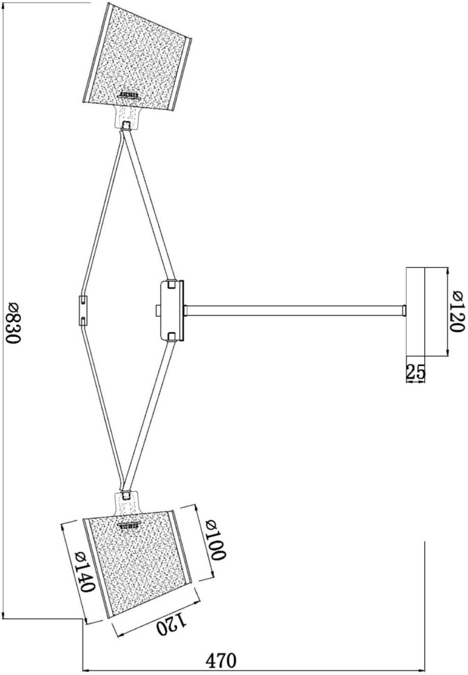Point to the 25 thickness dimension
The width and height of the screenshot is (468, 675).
tap(415, 372)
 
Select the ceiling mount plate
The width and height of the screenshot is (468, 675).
tap(415, 311)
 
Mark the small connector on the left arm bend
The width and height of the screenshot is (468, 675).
tap(84, 310)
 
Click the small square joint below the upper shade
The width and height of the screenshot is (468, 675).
tap(126, 126)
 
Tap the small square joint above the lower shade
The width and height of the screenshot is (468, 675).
tap(126, 495)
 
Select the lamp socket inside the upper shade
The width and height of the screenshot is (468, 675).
tap(130, 94)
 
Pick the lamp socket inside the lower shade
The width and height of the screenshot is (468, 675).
tap(130, 525)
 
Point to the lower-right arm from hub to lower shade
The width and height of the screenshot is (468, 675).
tap(148, 418)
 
